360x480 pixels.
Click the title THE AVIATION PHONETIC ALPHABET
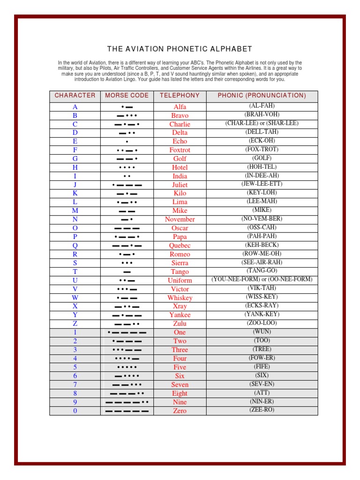pyautogui.click(x=180, y=49)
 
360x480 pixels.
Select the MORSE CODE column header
pyautogui.click(x=127, y=96)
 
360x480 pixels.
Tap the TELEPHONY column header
pyautogui.click(x=180, y=96)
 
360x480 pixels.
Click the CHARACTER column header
pyautogui.click(x=75, y=96)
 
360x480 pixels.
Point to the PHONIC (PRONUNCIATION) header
pyautogui.click(x=262, y=96)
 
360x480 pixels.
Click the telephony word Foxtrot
pyautogui.click(x=180, y=150)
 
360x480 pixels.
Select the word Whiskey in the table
pyautogui.click(x=180, y=298)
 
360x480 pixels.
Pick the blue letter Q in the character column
pyautogui.click(x=75, y=246)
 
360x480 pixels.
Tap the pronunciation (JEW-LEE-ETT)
pyautogui.click(x=262, y=184)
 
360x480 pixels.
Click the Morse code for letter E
pyautogui.click(x=127, y=142)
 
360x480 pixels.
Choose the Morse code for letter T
pyautogui.click(x=127, y=272)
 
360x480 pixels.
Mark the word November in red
pyautogui.click(x=180, y=219)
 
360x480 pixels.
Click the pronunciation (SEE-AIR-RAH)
pyautogui.click(x=262, y=262)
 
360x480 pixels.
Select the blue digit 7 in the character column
pyautogui.click(x=75, y=385)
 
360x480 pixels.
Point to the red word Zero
pyautogui.click(x=180, y=411)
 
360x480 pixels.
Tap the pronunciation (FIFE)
pyautogui.click(x=262, y=367)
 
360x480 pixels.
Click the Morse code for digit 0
pyautogui.click(x=127, y=411)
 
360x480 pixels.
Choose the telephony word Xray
pyautogui.click(x=180, y=307)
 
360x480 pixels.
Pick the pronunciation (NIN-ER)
pyautogui.click(x=262, y=402)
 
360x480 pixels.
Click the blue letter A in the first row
pyautogui.click(x=75, y=107)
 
